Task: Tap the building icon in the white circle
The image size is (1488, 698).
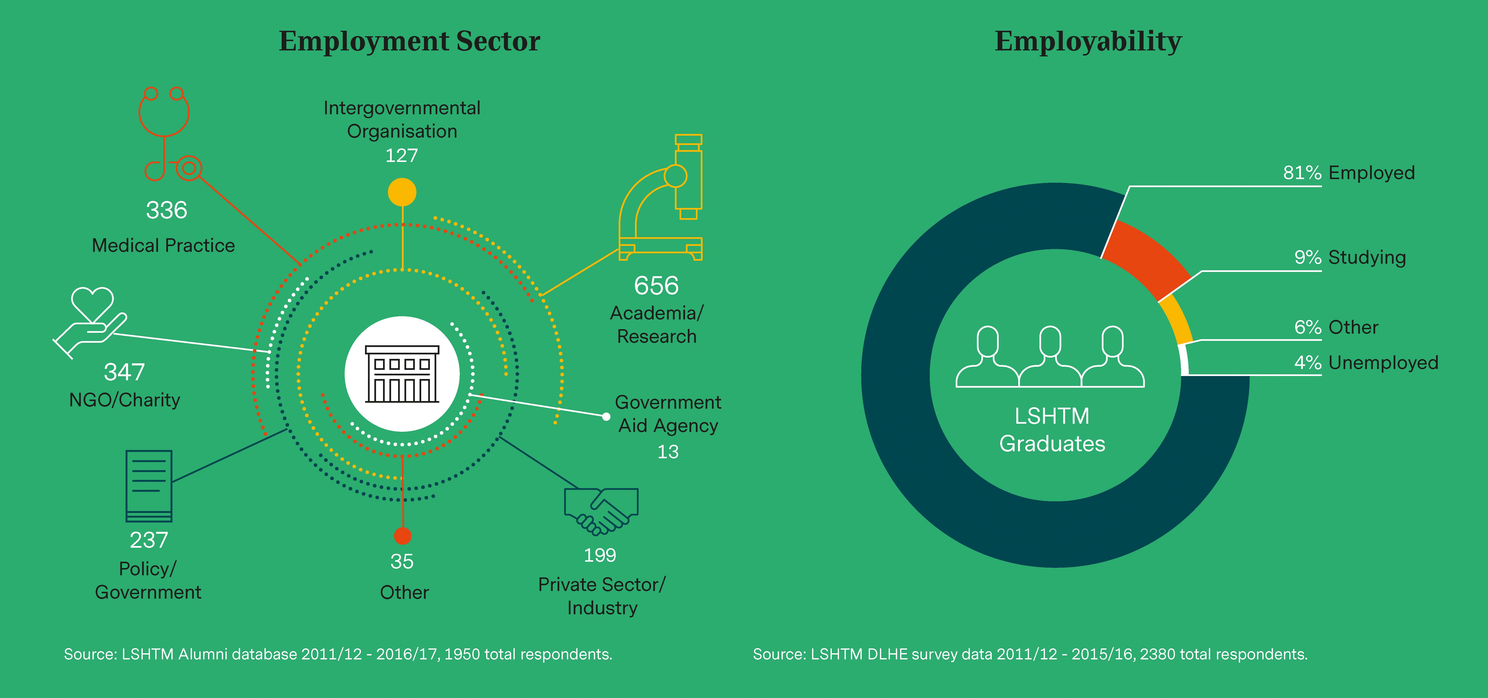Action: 402,374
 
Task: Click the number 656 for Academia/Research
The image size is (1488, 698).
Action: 656,286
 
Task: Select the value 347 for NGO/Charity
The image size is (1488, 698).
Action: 124,372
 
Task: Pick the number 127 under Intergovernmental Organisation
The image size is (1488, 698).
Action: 401,156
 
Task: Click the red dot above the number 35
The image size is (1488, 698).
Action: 403,536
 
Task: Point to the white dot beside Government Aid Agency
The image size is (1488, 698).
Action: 606,416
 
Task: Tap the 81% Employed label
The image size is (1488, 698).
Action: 1349,173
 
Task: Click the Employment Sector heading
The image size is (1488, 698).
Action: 410,42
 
